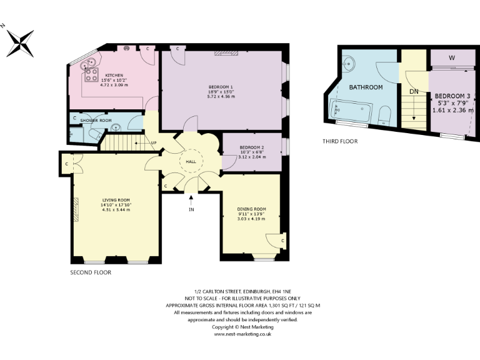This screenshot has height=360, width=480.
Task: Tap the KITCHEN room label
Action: (113, 75)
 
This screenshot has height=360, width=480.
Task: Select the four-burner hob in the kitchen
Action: (92, 74)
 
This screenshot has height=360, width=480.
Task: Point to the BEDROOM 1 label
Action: (221, 87)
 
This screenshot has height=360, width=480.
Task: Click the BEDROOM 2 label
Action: (252, 147)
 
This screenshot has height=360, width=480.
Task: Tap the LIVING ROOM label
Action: (116, 200)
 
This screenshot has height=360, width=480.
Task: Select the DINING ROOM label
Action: (251, 209)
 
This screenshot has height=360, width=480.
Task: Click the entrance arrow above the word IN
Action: (191, 200)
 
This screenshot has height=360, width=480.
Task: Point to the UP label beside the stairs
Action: (154, 142)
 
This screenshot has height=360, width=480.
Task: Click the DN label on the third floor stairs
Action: (413, 91)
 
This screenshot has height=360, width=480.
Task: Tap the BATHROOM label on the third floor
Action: (366, 87)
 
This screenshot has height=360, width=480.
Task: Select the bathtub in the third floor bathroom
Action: (351, 114)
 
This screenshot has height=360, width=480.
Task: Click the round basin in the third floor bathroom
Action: (350, 62)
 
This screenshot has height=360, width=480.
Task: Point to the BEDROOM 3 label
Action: (452, 96)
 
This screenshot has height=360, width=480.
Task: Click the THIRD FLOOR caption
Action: (340, 141)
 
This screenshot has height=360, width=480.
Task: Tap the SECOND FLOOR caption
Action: (91, 272)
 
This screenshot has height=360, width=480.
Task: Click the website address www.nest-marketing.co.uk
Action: (242, 334)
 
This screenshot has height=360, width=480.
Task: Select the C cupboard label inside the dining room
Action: (282, 240)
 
